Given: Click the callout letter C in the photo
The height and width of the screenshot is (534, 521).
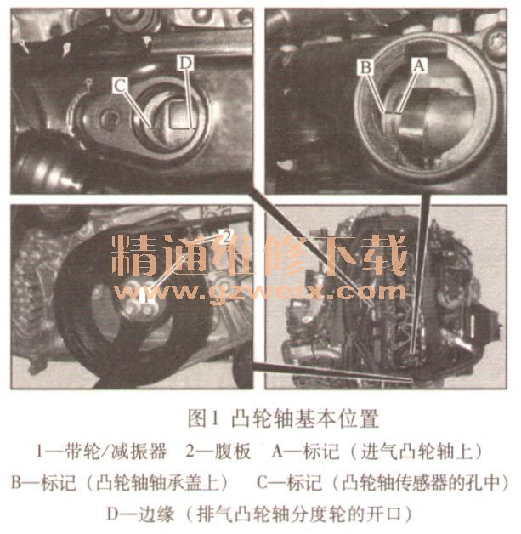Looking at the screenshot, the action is (120, 85).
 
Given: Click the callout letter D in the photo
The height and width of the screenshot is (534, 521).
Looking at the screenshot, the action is (185, 63).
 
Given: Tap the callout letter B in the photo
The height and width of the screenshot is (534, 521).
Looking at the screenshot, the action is (365, 67).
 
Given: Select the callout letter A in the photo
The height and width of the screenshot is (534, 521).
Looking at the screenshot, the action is (419, 65).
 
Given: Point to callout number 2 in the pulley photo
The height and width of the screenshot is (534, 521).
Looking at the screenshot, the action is (227, 236).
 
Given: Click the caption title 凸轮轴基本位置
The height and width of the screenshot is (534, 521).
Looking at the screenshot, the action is (305, 418).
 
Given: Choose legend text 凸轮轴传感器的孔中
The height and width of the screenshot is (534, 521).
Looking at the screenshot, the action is (421, 483).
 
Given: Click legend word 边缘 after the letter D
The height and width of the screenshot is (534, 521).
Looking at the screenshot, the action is (156, 514).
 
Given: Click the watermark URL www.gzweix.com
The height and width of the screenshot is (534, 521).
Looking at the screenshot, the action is (259, 293).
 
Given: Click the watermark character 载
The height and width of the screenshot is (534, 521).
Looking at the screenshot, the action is (385, 255).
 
